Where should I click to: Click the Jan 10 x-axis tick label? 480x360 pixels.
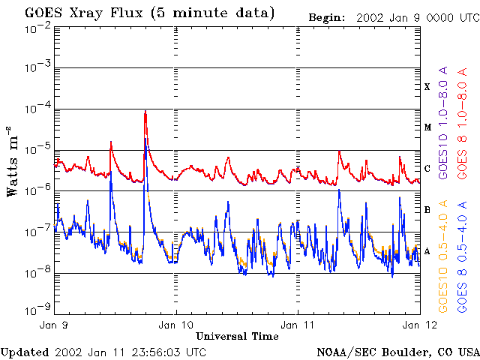tap(176, 325)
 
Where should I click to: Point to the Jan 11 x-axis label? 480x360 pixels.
tap(298, 325)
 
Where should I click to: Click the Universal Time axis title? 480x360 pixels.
tap(237, 336)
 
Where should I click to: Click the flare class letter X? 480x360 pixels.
tap(427, 87)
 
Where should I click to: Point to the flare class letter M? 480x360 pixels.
tap(427, 127)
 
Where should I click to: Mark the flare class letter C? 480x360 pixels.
tap(427, 169)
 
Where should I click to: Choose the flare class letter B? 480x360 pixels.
tap(427, 209)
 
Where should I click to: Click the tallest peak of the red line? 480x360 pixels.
tap(145, 112)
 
